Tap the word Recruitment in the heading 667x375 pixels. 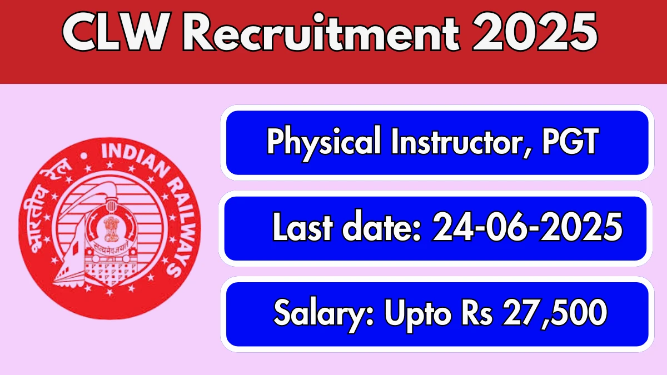click(x=321, y=33)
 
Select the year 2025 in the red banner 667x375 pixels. click(x=535, y=33)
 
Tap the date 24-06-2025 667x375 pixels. click(x=527, y=227)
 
